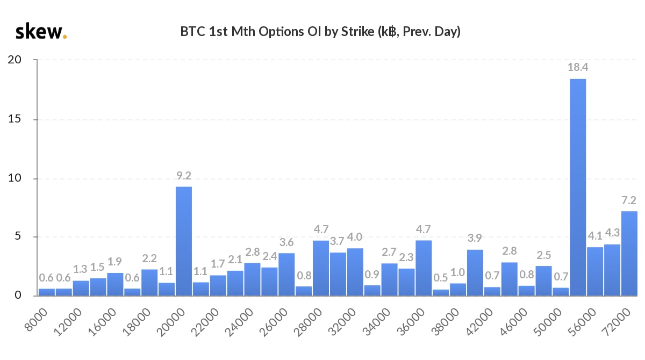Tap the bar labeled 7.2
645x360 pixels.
tap(629, 253)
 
